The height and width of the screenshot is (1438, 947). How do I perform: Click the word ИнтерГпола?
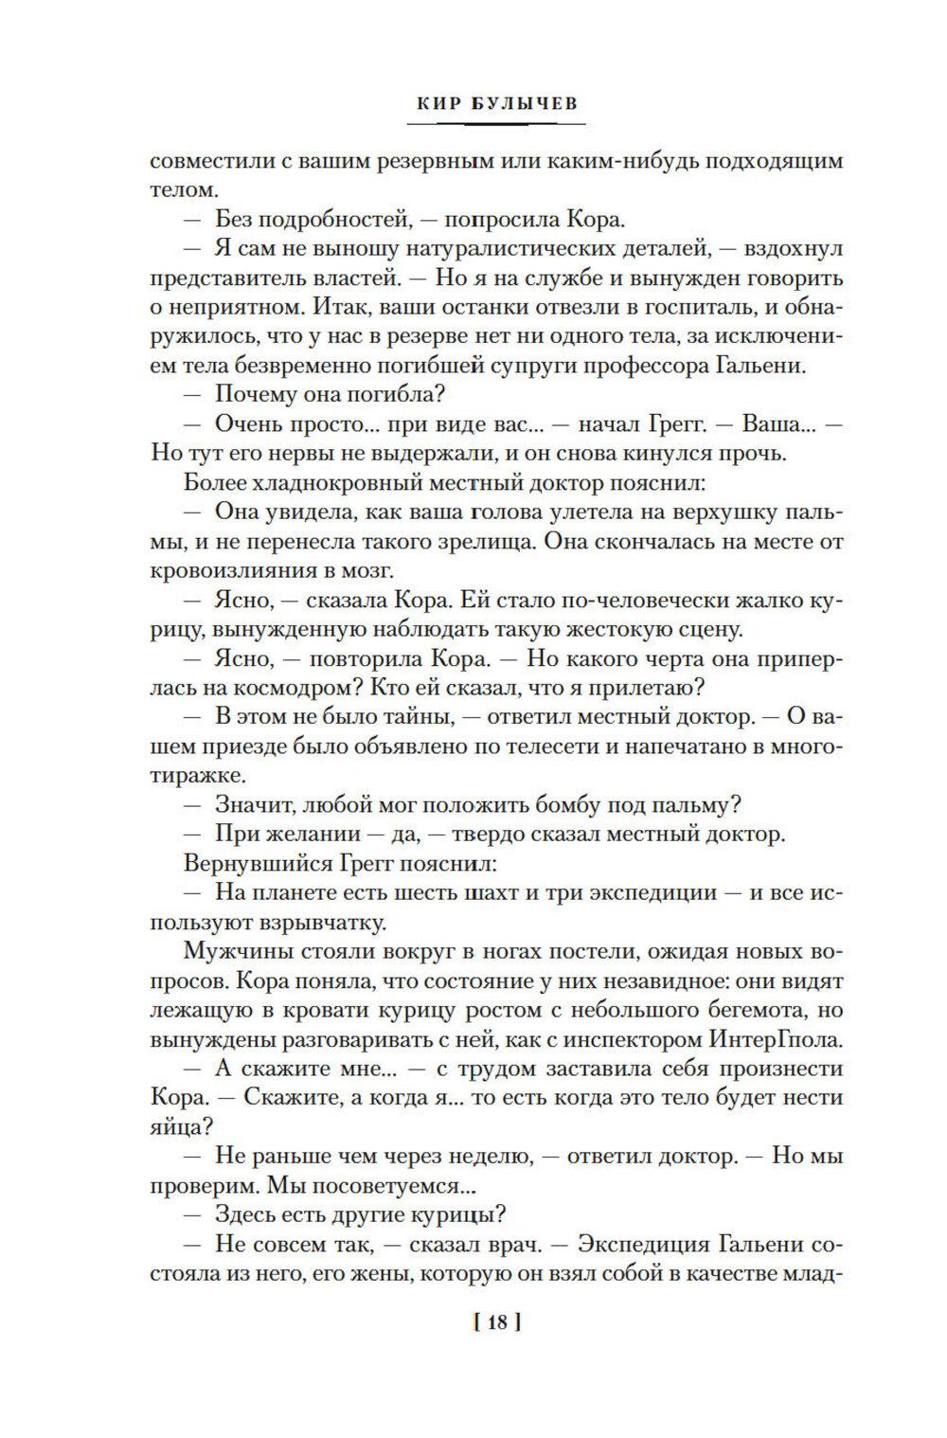pyautogui.click(x=774, y=1039)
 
